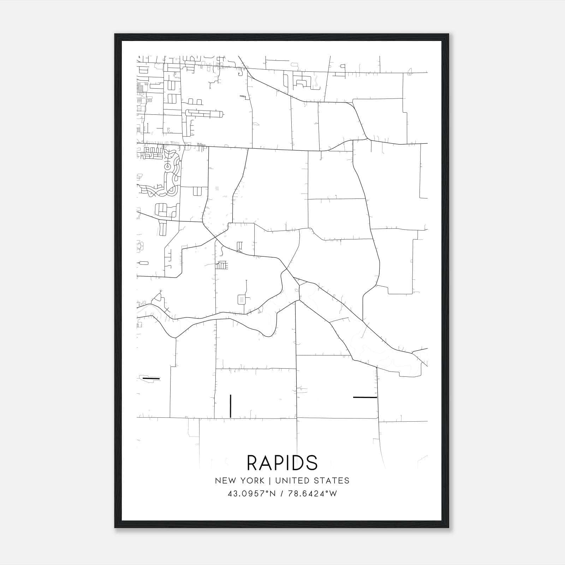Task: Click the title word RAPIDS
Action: click(282, 463)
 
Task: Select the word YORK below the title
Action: click(252, 481)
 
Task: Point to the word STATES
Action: click(333, 481)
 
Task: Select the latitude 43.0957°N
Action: click(250, 494)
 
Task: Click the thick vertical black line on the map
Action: click(230, 406)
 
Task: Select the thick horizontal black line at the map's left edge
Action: click(151, 379)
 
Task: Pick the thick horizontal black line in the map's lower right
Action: click(365, 397)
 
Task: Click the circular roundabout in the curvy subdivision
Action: click(168, 166)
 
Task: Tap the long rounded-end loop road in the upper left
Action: click(204, 114)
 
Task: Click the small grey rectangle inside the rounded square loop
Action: click(242, 299)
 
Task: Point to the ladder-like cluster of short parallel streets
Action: click(222, 265)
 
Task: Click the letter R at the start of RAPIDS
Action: click(253, 463)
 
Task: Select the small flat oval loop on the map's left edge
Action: click(144, 263)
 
